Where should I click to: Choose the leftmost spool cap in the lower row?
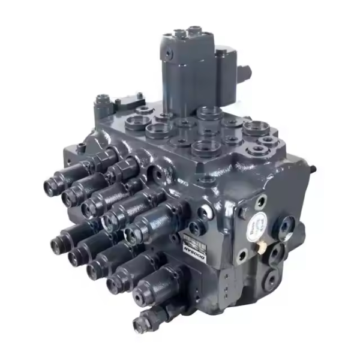click(56, 242)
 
